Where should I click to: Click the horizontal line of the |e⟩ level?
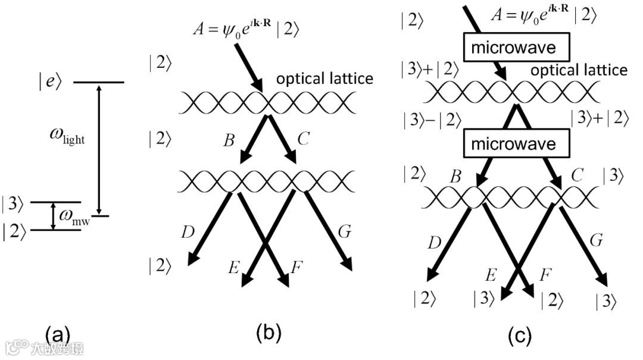coord(98,82)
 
